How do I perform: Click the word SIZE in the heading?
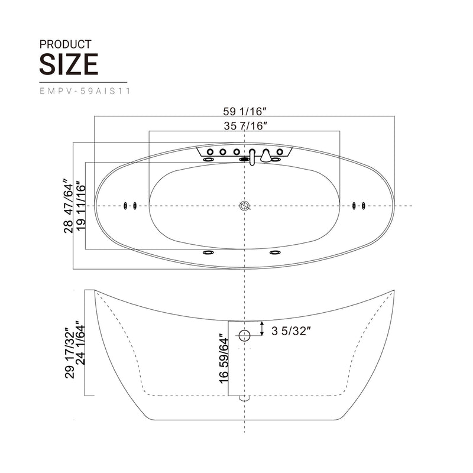tap(69, 64)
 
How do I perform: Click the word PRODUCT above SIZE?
tap(65, 44)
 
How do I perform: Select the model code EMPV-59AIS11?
tap(85, 91)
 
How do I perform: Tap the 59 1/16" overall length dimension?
tap(245, 111)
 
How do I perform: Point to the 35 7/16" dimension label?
tap(246, 125)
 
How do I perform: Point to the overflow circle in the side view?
tap(245, 336)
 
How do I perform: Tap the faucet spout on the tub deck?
tap(252, 157)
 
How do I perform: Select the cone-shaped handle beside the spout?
tap(267, 155)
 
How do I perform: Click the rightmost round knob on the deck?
tap(280, 152)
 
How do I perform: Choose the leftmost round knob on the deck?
tap(210, 152)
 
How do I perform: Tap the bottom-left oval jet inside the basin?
tap(208, 253)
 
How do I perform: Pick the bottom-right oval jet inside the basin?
tap(275, 253)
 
